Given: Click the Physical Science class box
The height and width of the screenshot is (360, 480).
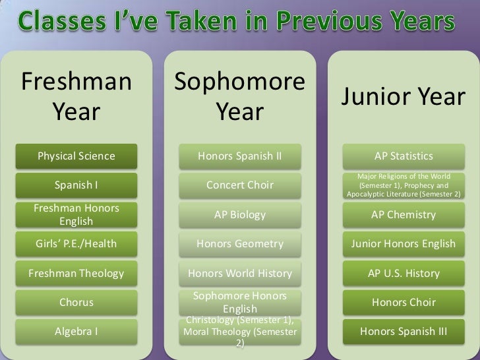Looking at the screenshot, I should tap(76, 156).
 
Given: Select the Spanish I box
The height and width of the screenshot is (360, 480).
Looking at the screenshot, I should tap(76, 185).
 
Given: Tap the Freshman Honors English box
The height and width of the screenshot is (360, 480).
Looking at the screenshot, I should tap(76, 214).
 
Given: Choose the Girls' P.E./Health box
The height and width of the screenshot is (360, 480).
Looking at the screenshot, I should tap(76, 244).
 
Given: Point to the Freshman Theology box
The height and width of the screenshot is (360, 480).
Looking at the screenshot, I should tap(76, 273).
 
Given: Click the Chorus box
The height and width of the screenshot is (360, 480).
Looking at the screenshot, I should tap(76, 303).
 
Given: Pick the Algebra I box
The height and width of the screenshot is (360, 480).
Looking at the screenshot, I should tap(76, 332).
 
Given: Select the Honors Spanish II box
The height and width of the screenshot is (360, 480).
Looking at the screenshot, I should tap(240, 156).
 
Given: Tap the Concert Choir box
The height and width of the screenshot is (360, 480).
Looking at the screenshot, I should tap(240, 185).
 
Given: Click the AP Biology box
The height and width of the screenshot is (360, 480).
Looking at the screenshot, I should tap(240, 214).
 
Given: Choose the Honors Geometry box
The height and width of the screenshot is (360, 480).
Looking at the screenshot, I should tap(240, 244).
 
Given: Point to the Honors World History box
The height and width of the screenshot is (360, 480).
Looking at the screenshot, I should tap(240, 273).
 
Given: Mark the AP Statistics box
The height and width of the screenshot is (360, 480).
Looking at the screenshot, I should tap(404, 156).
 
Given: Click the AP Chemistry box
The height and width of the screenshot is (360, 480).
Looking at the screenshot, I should tap(404, 214).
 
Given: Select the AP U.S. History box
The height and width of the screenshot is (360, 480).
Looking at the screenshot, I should tap(404, 273).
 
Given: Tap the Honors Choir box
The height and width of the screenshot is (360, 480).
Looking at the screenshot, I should tap(404, 303).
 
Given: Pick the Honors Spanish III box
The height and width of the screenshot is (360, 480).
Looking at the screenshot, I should tap(404, 332).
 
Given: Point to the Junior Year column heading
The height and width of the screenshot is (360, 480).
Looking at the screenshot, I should tap(404, 98).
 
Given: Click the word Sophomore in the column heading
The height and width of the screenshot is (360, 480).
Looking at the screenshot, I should tap(240, 82).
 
